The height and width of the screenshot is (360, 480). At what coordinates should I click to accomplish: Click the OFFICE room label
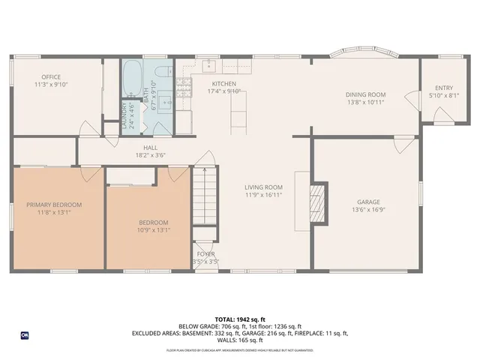(51, 76)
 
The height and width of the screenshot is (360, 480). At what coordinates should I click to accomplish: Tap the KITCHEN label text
(224, 83)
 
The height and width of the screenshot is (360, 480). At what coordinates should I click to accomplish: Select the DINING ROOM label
(365, 94)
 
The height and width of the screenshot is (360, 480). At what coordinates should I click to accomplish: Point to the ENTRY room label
(444, 88)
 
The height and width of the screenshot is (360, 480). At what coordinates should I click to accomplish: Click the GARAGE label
(368, 202)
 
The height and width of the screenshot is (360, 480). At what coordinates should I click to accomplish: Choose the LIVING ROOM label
(263, 187)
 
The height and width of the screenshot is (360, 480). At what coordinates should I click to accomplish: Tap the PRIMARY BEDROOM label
(54, 205)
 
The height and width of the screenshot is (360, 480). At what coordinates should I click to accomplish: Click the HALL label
(151, 148)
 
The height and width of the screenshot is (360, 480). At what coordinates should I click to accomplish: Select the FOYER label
(205, 255)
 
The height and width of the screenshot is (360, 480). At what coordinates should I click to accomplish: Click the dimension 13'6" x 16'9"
(368, 210)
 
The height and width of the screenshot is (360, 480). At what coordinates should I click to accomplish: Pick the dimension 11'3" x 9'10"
(51, 85)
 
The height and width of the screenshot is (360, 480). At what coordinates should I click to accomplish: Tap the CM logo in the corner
(25, 334)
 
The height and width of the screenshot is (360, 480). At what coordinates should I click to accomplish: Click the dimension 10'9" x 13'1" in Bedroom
(153, 230)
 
